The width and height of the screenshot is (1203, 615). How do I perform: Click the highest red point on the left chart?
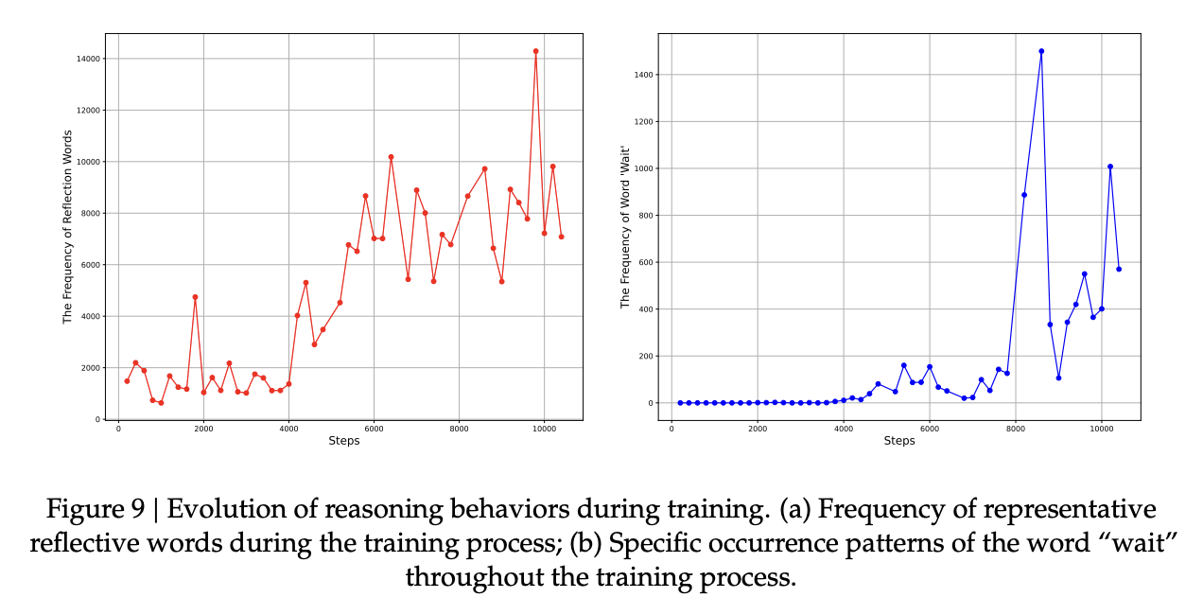[535, 51]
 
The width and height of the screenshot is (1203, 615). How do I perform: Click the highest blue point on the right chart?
[1041, 51]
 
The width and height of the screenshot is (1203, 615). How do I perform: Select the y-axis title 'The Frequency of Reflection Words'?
[68, 227]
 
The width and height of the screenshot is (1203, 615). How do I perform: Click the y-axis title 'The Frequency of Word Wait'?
[625, 226]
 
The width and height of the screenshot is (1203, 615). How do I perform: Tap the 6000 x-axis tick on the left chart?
[374, 429]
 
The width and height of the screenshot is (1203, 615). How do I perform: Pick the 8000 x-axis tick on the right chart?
[1015, 429]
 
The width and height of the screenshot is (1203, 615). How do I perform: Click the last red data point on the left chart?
[561, 237]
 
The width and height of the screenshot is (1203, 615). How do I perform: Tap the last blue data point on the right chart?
[1119, 269]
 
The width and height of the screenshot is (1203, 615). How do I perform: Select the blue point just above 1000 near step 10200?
[1110, 167]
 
